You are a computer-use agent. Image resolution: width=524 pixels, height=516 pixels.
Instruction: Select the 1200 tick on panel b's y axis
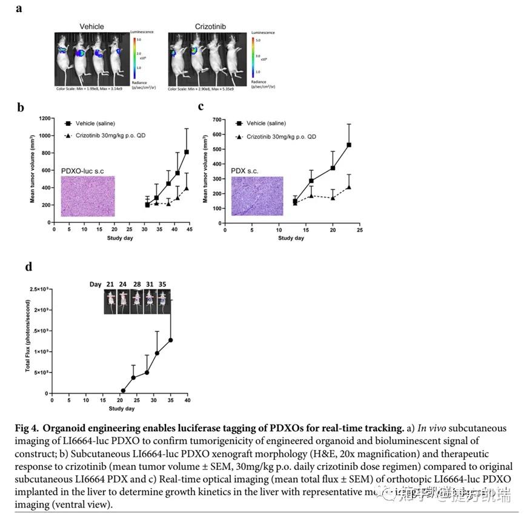(x=44, y=118)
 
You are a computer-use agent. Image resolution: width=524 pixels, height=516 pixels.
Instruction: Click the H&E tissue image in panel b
(x=88, y=196)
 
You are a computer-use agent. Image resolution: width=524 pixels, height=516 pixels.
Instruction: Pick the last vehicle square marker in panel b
(x=186, y=152)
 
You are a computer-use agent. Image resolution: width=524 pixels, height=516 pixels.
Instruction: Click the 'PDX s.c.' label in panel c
(x=245, y=171)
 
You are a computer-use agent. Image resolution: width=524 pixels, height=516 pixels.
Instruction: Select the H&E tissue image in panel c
(x=257, y=196)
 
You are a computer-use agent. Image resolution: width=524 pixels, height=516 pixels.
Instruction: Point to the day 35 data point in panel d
(x=171, y=340)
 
